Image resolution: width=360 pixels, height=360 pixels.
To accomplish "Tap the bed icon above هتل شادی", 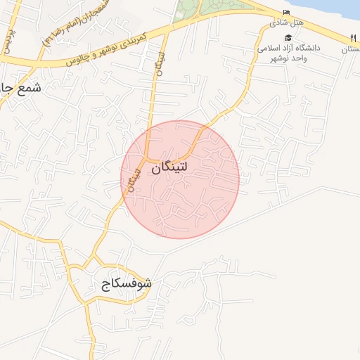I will click(x=286, y=13).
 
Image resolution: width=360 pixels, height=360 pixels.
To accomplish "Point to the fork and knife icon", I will click(x=352, y=38).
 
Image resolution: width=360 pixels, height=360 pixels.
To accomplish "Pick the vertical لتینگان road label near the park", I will click(x=161, y=56).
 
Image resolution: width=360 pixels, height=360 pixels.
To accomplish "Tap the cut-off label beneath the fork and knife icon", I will click(x=351, y=50).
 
